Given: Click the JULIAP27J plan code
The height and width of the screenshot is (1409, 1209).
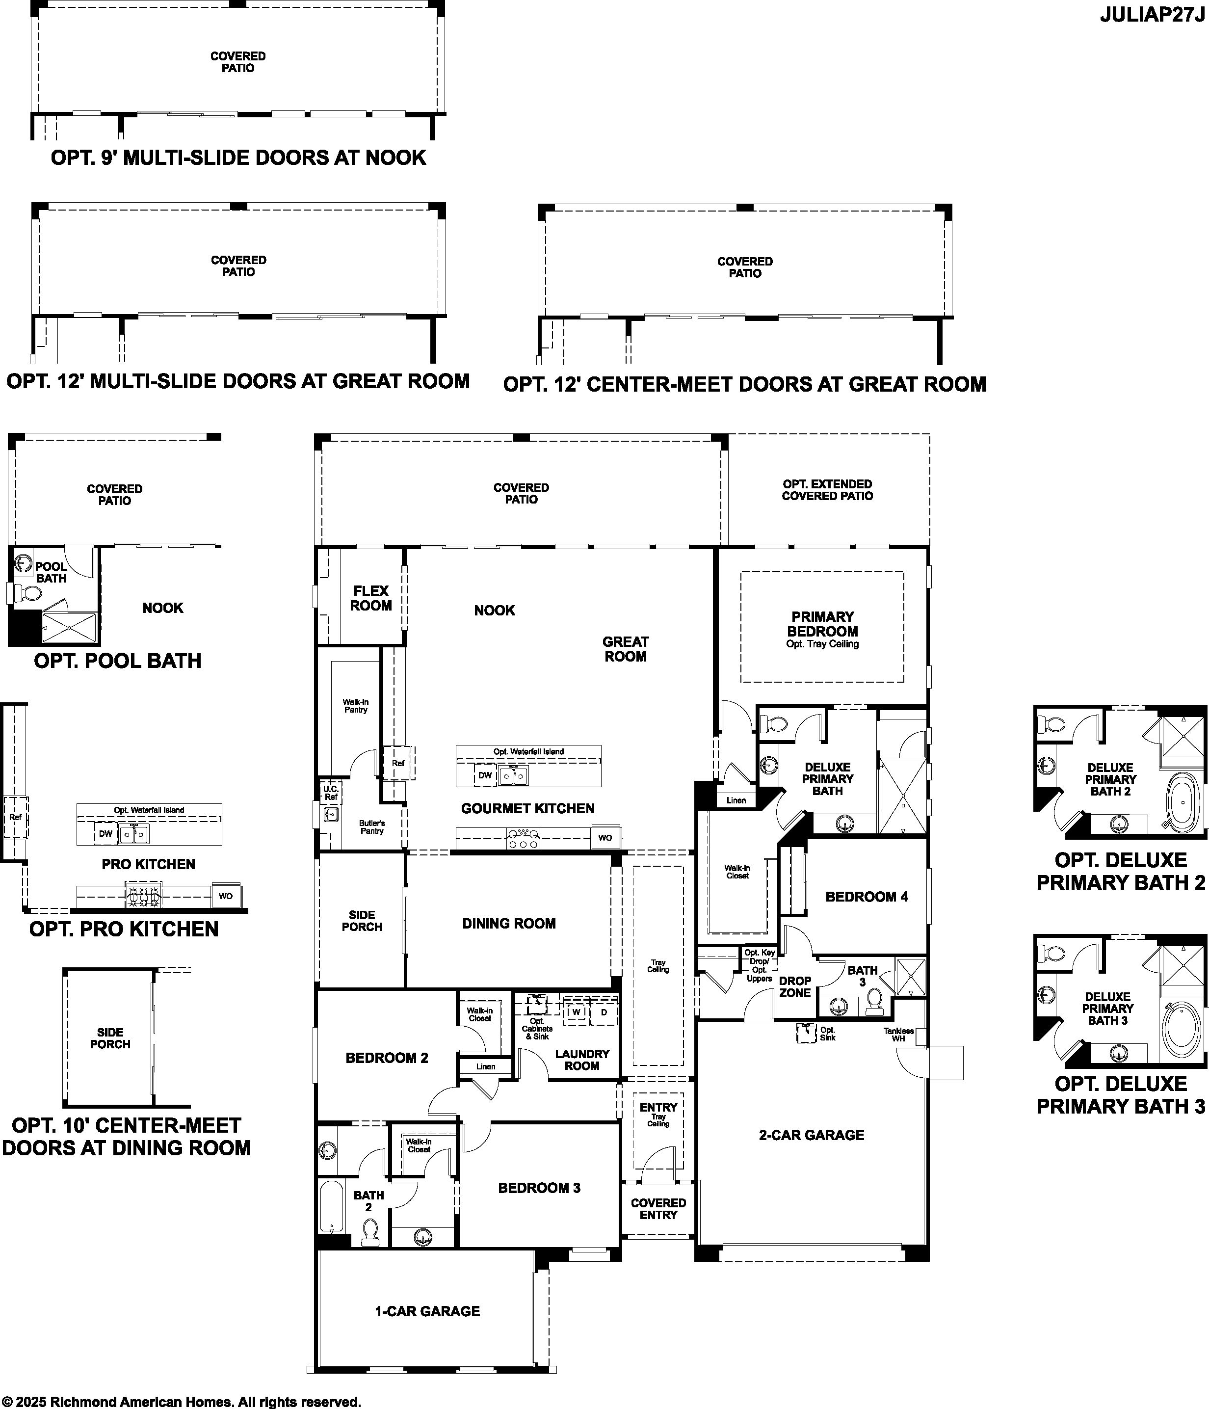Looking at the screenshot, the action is tap(1152, 15).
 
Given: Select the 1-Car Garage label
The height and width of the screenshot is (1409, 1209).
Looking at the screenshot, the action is tap(428, 1311).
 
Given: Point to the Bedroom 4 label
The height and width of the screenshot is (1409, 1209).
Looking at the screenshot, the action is tap(867, 896).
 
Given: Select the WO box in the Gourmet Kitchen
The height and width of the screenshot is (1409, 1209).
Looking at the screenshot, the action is tap(605, 838).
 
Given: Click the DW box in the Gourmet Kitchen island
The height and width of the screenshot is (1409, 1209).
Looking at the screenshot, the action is tap(485, 775).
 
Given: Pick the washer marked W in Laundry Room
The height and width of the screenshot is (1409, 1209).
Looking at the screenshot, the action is tap(577, 1012).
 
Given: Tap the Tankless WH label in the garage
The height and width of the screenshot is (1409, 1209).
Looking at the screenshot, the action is tap(898, 1035).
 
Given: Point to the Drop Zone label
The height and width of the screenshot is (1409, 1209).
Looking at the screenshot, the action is tap(795, 987).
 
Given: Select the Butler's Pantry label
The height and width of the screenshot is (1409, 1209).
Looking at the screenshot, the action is tap(372, 827).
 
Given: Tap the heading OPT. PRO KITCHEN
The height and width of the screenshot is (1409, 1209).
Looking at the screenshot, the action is tap(124, 929).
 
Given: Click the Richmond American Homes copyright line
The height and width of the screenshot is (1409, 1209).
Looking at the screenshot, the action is tap(181, 1402).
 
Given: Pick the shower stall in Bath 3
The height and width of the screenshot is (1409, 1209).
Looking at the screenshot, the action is tap(911, 977).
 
